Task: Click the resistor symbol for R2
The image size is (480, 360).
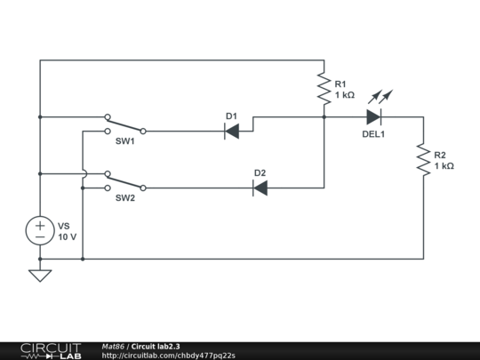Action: pos(423,160)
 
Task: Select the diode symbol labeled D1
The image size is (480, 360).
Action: pos(232,131)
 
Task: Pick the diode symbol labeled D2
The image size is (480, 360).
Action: pos(260,188)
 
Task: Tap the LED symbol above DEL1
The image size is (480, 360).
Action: pos(374,116)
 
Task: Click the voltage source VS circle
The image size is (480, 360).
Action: pos(40,231)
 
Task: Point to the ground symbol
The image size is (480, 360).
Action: pos(40,275)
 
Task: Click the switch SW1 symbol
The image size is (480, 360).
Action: pos(124,124)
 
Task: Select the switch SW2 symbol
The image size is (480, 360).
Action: pos(124,181)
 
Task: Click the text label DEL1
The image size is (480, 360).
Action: pos(373,134)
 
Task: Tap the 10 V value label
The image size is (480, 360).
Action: pos(68,237)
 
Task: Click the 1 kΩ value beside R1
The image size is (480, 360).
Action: pos(345,94)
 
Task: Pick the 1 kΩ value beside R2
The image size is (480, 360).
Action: pos(444,165)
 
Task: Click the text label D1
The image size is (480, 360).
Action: pos(231,116)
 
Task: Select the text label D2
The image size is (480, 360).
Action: pos(260,172)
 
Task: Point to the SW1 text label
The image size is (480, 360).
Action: pos(124,140)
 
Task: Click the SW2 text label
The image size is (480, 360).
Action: pos(124,197)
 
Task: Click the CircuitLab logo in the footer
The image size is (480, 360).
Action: pos(51,350)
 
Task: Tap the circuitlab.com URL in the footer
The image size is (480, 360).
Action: pos(168,356)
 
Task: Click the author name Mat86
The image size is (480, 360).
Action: pos(113,346)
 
